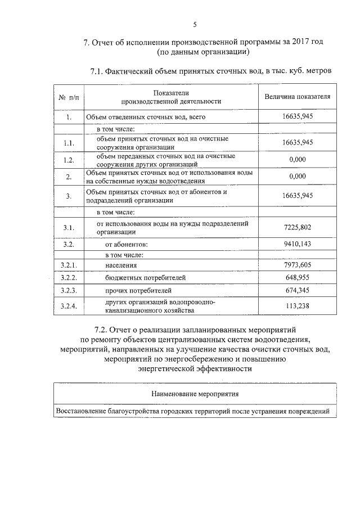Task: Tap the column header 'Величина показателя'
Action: pyautogui.click(x=297, y=97)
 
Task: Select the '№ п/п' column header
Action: pyautogui.click(x=69, y=97)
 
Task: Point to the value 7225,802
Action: pyautogui.click(x=297, y=227)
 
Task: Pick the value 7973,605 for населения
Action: pyautogui.click(x=297, y=264)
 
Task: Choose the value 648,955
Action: pyautogui.click(x=297, y=277)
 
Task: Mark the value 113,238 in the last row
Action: pyautogui.click(x=297, y=306)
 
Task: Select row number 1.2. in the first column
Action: pyautogui.click(x=69, y=160)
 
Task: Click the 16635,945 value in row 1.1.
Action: pyautogui.click(x=297, y=142)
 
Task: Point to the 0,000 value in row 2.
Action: pyautogui.click(x=297, y=177)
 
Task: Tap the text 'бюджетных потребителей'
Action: pyautogui.click(x=145, y=278)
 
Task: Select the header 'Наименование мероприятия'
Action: pyautogui.click(x=195, y=394)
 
